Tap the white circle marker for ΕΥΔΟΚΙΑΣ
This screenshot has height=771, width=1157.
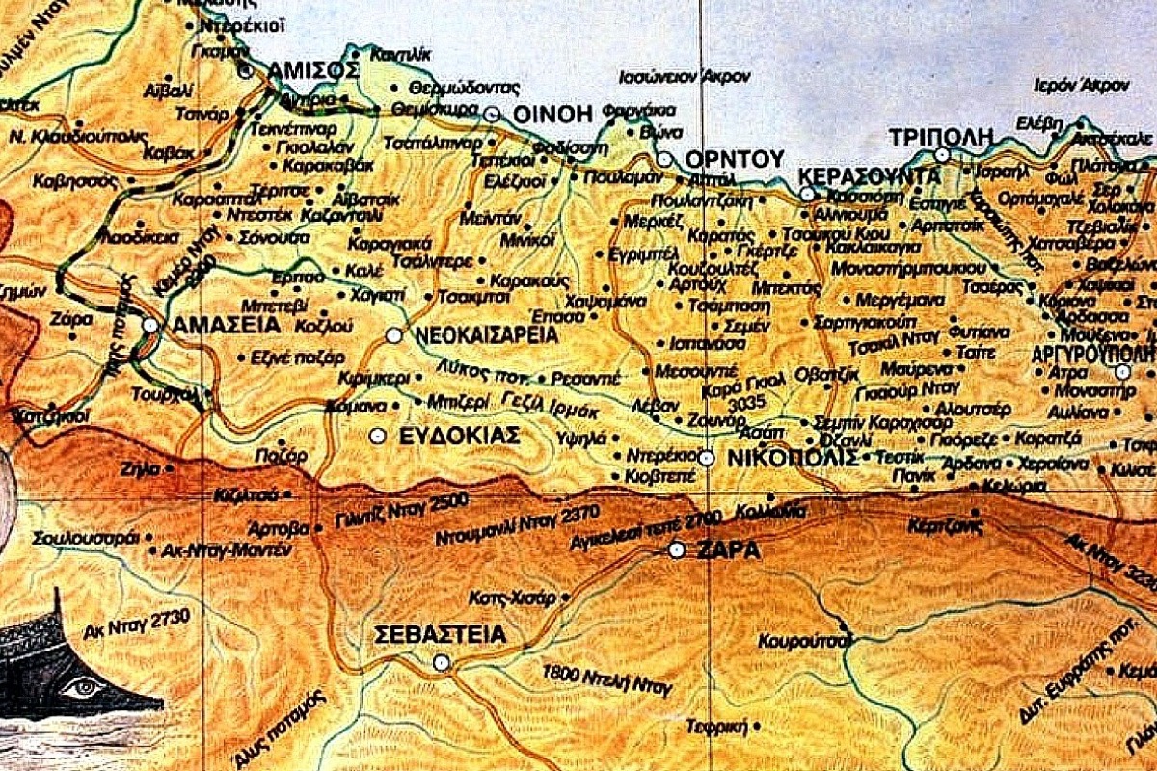(378, 436)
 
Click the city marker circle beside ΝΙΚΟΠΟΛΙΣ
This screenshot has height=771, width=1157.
(707, 458)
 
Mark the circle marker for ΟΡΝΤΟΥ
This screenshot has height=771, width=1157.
(664, 159)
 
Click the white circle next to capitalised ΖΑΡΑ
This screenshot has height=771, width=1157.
(677, 550)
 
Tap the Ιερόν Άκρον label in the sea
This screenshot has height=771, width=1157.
(1081, 85)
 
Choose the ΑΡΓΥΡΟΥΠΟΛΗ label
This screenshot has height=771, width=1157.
(1093, 354)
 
